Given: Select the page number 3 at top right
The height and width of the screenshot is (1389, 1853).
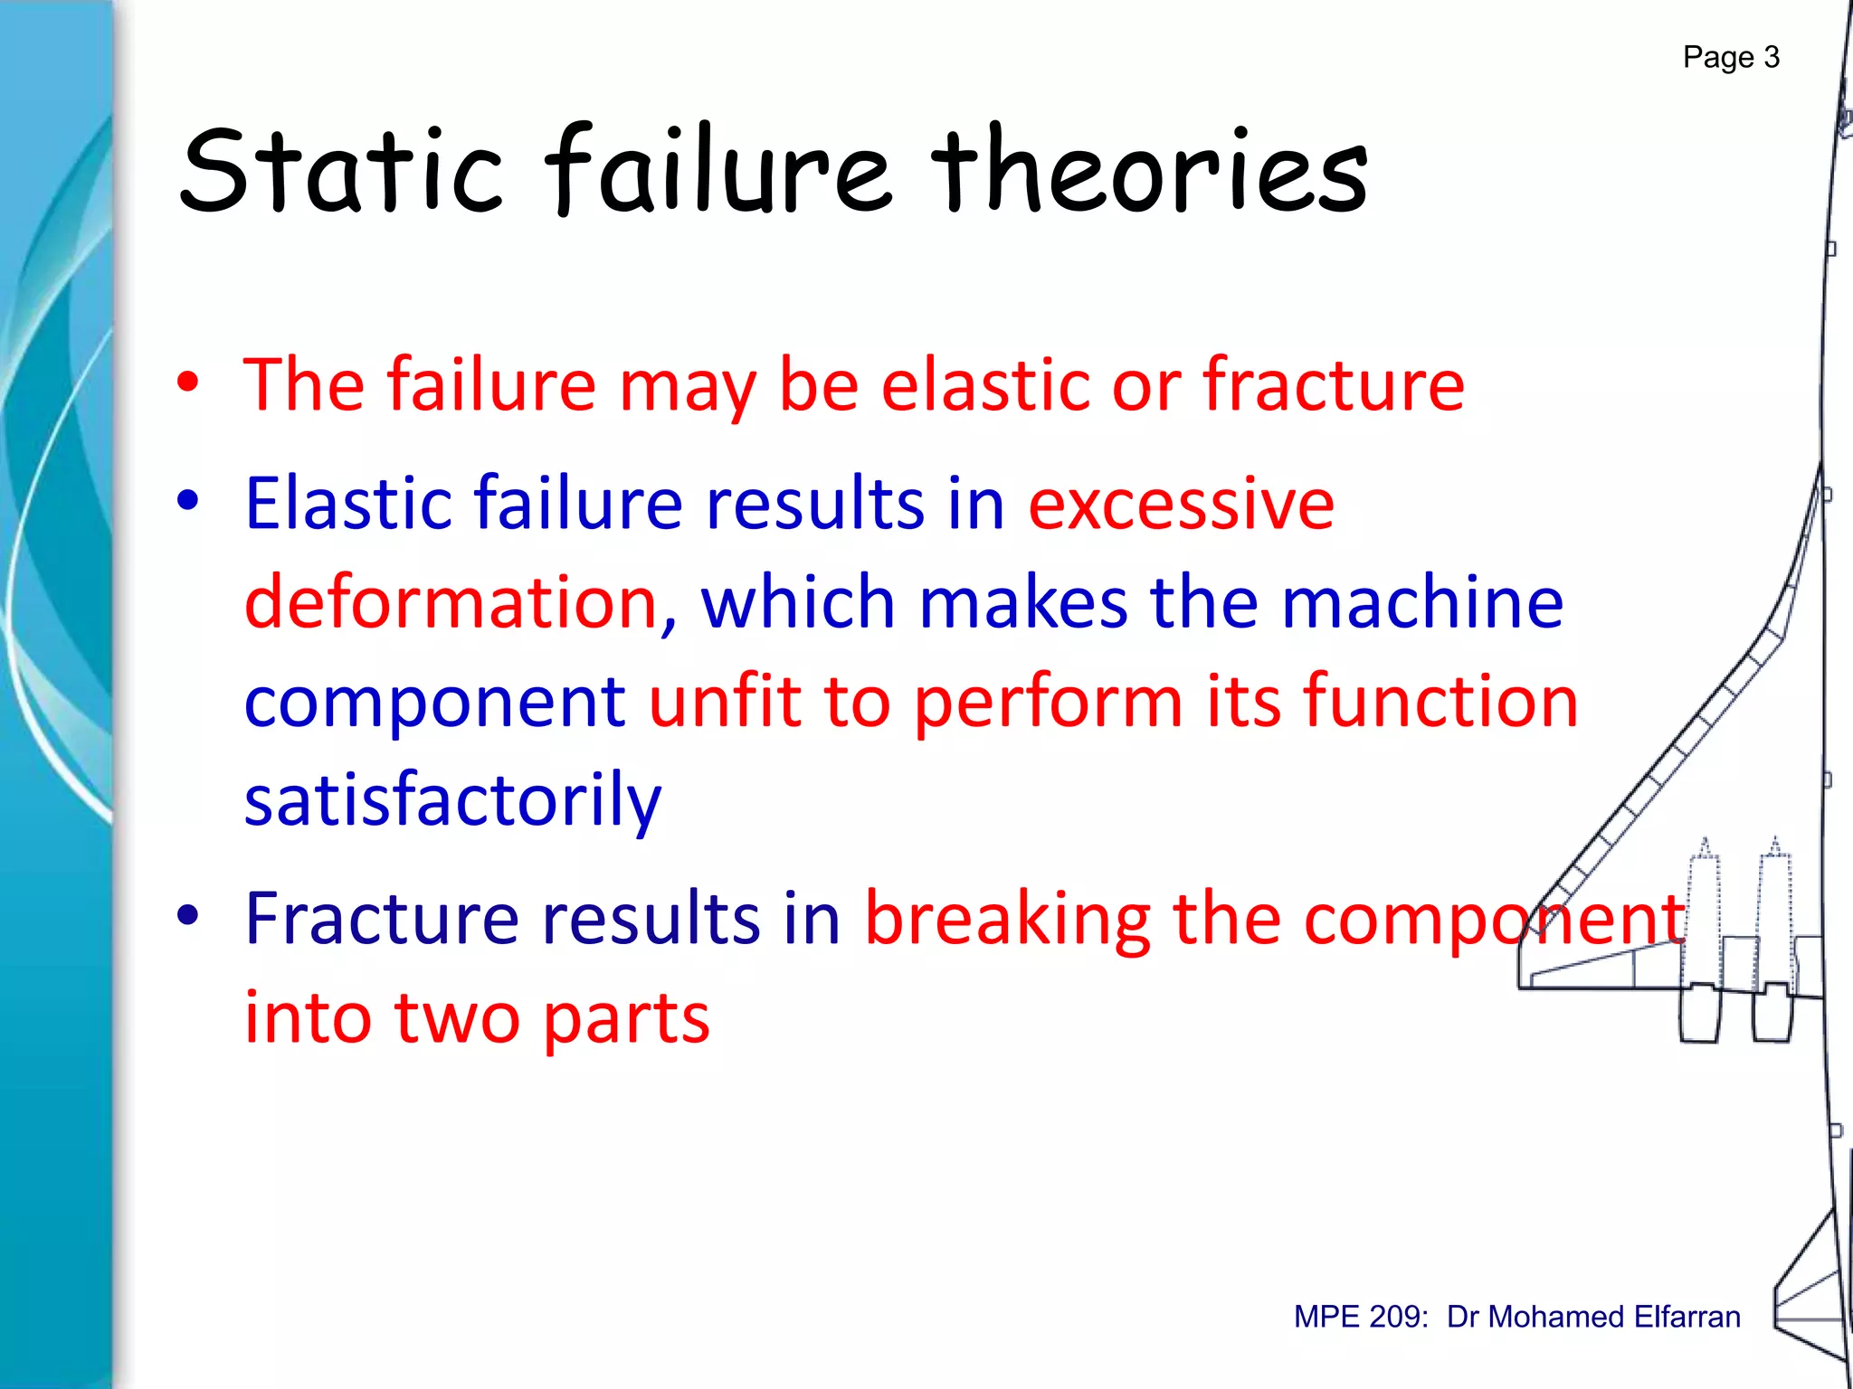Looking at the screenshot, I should (1771, 58).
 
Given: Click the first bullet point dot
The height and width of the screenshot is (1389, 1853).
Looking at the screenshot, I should (187, 383).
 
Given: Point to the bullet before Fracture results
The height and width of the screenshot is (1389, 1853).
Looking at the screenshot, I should (187, 915).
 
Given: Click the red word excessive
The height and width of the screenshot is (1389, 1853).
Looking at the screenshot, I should (1181, 503).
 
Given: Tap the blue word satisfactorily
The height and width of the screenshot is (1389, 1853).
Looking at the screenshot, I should (452, 799).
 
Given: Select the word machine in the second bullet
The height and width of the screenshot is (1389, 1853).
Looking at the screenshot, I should (1422, 602).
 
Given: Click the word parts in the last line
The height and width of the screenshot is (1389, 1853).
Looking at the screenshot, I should (626, 1017).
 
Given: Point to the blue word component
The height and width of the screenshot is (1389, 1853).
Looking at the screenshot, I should (434, 704).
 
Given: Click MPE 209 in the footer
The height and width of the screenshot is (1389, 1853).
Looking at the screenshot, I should (1360, 1317).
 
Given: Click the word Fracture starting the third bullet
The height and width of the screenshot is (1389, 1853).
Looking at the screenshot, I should (381, 919).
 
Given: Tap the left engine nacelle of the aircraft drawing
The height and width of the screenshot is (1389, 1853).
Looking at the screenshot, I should (1700, 1011).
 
